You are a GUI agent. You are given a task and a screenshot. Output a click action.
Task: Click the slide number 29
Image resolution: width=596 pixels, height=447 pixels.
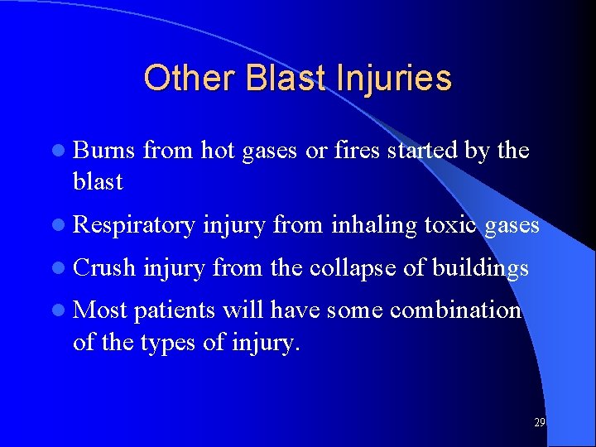coord(539,422)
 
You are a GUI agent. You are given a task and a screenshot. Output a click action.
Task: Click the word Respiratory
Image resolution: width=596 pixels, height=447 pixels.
coord(134,224)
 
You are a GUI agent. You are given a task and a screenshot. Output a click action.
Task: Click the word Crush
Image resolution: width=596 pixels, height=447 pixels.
coord(105,267)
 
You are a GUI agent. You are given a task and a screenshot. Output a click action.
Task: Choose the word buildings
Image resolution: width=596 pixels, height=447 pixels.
coord(480,267)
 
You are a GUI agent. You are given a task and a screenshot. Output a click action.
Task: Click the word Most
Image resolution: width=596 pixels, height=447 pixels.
coord(100,310)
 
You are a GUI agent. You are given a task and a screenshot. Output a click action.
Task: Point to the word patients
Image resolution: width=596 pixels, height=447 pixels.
coord(172,310)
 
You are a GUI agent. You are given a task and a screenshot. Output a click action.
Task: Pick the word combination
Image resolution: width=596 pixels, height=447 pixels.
coord(455,310)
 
